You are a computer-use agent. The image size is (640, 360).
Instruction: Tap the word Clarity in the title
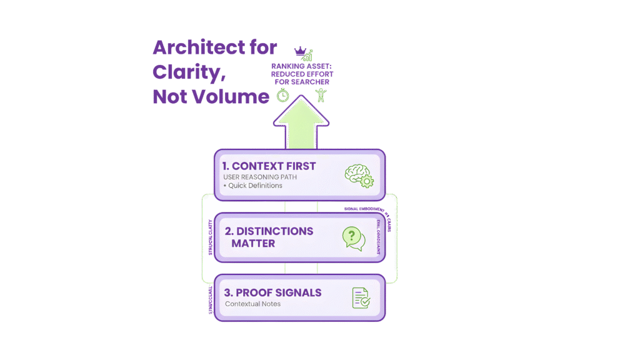point(186,72)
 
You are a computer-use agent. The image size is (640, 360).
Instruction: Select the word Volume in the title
point(232,97)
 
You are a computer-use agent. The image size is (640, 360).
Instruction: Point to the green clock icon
point(283,95)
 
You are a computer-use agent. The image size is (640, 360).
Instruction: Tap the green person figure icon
point(321,95)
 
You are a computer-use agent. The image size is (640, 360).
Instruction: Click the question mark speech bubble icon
point(353,238)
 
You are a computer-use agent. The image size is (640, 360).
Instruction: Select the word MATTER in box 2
point(253,243)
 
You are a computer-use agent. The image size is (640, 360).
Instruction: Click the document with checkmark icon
point(361,297)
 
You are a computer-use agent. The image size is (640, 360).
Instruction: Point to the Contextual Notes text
point(252,304)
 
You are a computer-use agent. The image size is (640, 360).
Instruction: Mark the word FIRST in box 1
point(297,166)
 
